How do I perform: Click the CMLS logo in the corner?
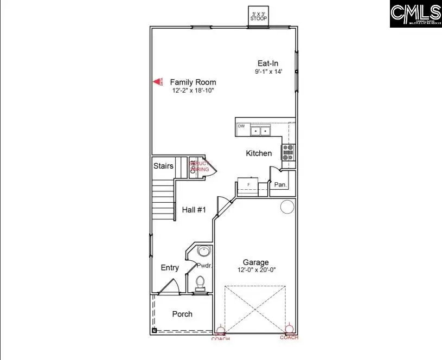[415, 14]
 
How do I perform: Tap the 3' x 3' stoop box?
[259, 15]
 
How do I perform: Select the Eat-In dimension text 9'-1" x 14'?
[268, 72]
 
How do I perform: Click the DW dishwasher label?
[241, 126]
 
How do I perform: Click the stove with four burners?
[288, 152]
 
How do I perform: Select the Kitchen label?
[259, 153]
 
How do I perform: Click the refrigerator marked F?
[248, 185]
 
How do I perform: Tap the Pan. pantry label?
[280, 185]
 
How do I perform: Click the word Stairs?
[163, 166]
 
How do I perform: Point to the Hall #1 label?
[194, 210]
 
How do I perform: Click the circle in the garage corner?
[287, 207]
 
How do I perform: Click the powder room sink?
[202, 252]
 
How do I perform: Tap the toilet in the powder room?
[200, 282]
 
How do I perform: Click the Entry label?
[170, 268]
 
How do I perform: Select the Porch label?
[182, 314]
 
